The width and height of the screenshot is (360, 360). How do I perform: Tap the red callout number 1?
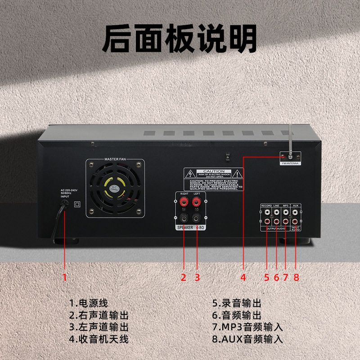64,277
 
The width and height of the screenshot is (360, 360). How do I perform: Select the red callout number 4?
243,277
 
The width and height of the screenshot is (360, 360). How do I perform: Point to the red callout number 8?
296,277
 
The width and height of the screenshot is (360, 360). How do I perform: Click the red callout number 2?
183,277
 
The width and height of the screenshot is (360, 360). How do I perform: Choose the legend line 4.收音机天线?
99,339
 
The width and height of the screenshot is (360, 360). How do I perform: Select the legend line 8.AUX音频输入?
248,339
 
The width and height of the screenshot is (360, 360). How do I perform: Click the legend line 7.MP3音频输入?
248,327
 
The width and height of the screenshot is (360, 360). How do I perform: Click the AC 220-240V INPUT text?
67,193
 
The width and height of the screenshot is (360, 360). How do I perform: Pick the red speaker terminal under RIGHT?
184,203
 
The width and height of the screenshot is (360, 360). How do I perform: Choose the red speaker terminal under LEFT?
196,203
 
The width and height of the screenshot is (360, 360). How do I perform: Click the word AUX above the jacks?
296,205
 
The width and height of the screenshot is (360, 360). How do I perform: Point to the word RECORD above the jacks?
266,205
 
